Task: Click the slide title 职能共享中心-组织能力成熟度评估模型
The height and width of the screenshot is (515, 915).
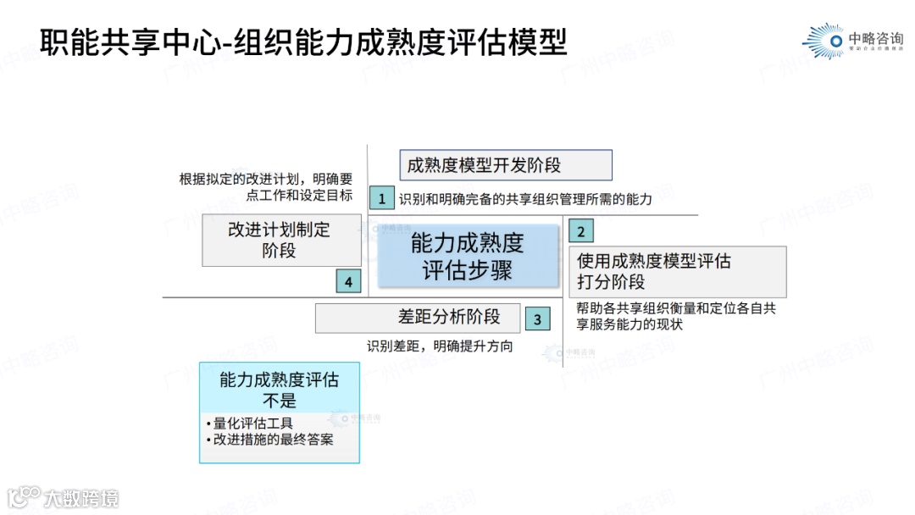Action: [302, 40]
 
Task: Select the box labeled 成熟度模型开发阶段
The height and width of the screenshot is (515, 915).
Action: [506, 165]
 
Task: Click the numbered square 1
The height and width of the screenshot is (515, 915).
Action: [382, 199]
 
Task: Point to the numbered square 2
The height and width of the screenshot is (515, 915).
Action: [580, 230]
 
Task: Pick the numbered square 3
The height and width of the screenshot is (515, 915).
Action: [537, 318]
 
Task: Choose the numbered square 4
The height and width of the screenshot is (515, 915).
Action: [348, 281]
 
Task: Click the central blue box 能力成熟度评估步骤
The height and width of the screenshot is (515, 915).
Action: [468, 256]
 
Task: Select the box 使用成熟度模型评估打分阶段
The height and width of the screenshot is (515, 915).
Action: [677, 271]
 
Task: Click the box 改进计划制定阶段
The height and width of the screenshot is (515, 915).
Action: [281, 240]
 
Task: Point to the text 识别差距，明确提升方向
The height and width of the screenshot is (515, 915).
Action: [440, 346]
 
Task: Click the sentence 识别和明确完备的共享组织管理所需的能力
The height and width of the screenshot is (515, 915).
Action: [525, 200]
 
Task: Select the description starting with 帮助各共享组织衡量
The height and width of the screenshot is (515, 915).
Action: [675, 316]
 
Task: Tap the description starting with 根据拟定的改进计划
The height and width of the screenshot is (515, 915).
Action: [266, 186]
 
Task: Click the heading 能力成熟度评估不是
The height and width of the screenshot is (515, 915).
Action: [279, 389]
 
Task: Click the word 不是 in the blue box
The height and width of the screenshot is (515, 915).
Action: [279, 399]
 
